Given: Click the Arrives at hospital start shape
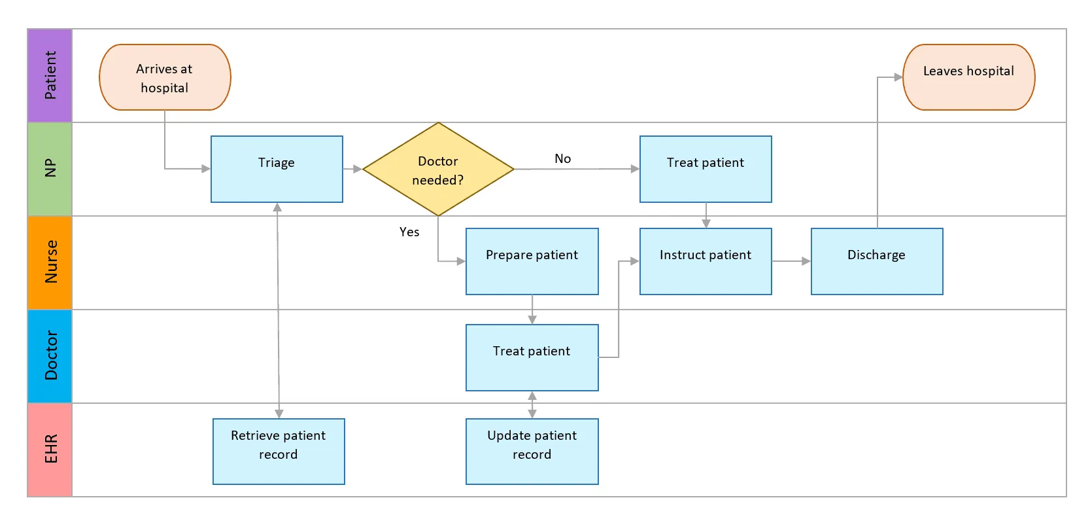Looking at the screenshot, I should pos(165,77).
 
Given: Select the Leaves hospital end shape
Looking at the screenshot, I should pos(968,77).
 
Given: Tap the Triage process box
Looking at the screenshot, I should pos(277,169).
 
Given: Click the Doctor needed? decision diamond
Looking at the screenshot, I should pos(438,170).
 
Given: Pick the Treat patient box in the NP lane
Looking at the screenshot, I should pos(706,169).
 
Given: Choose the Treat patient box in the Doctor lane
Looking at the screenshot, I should pos(532,357).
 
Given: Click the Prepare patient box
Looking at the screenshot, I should pos(532,261).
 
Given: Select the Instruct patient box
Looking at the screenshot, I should pos(706,261).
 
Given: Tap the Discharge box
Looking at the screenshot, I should pos(876,261).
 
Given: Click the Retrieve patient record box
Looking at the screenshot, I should pos(279,451).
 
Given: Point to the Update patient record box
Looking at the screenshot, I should pos(532,451).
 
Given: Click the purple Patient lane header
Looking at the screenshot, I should pos(50,75).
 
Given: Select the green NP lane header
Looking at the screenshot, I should pos(50,169).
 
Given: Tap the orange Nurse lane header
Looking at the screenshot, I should pos(50,262).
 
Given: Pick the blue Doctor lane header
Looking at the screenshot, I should pos(50,356).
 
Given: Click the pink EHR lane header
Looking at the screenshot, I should pos(50,450).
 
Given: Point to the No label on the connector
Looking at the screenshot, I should pos(562,159).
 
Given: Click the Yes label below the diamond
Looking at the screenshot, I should pos(409,232).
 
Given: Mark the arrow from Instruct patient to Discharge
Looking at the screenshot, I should pos(791,261).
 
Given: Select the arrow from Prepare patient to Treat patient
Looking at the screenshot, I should pos(532,310).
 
